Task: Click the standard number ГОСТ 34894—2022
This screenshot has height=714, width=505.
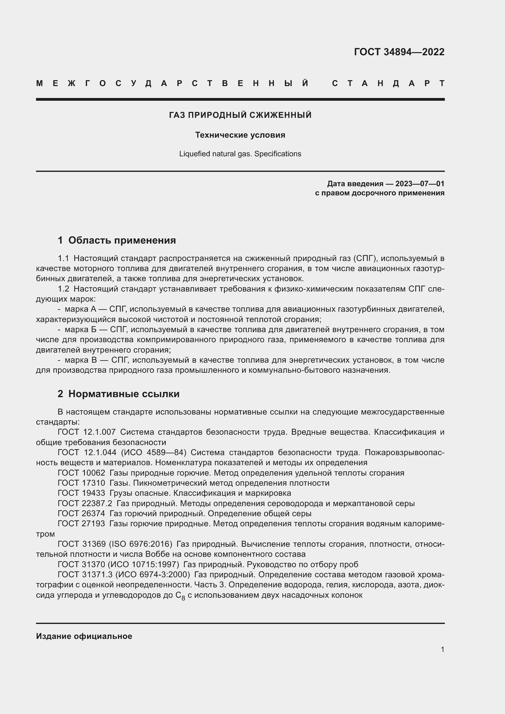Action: click(x=399, y=52)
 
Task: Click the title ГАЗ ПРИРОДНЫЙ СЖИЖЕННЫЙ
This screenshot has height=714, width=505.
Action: click(x=240, y=115)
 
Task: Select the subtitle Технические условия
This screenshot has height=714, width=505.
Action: click(x=240, y=135)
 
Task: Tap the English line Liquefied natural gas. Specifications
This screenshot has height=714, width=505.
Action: click(x=240, y=154)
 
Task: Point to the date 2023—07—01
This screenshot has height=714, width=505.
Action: click(x=420, y=184)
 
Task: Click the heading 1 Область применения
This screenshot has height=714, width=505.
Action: click(x=117, y=240)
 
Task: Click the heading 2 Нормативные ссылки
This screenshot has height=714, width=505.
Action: click(x=118, y=394)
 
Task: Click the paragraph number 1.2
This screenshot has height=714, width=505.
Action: click(x=64, y=289)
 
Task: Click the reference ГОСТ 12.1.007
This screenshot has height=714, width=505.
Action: click(x=86, y=432)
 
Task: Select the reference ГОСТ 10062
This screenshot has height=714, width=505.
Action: click(x=82, y=473)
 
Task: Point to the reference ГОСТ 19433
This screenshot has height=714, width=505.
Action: click(x=82, y=493)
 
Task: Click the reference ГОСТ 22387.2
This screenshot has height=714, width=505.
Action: click(x=85, y=503)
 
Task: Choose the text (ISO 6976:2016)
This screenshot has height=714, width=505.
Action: click(x=140, y=544)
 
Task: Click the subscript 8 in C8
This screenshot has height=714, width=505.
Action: click(x=183, y=598)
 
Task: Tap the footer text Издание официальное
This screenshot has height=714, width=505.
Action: click(x=84, y=636)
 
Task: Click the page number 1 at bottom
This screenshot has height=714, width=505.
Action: click(x=442, y=649)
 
